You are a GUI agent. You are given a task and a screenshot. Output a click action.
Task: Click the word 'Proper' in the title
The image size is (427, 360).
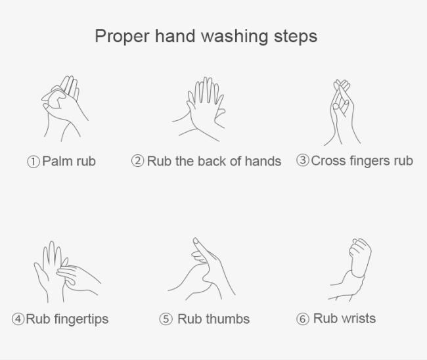(122, 37)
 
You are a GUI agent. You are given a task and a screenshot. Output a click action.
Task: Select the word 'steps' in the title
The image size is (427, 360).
(296, 37)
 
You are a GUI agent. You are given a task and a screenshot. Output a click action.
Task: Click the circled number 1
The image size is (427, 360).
(34, 162)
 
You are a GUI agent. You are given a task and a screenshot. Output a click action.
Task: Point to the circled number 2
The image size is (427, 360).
(137, 161)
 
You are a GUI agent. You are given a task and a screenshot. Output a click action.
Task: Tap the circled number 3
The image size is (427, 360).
(303, 160)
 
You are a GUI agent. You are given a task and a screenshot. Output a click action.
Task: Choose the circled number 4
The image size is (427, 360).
(18, 319)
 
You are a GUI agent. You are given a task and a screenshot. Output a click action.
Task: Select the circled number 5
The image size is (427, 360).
(166, 319)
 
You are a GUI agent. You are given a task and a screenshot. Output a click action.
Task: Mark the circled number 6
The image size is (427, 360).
(303, 319)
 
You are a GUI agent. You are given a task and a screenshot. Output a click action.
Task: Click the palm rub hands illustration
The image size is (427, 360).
(64, 108)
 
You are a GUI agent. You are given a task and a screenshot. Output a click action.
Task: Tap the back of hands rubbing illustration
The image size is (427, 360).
(199, 109)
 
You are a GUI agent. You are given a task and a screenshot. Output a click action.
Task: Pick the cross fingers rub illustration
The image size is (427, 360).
(342, 112)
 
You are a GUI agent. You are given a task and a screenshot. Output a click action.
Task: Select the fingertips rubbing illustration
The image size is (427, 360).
(67, 272)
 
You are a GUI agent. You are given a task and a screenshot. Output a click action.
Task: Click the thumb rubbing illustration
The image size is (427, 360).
(202, 269)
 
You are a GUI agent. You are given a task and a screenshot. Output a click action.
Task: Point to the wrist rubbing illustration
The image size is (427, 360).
(349, 270)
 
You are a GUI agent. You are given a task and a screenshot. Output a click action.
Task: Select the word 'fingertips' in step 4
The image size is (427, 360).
(81, 319)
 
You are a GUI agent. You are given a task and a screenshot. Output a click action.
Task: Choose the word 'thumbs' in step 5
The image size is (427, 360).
(227, 319)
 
